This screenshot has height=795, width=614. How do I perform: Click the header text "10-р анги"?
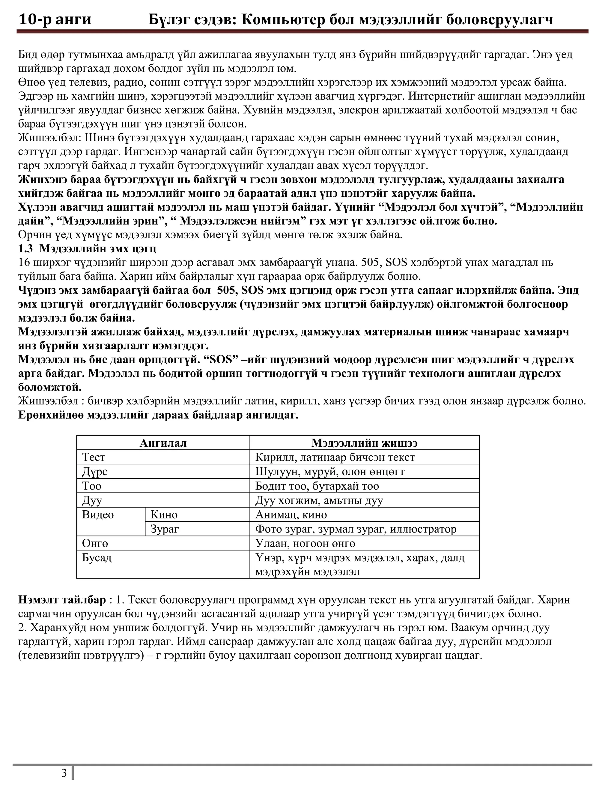point(55,19)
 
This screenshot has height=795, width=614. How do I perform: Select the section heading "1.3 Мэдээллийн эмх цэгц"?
point(87,249)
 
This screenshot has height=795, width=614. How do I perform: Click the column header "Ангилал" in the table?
point(163,443)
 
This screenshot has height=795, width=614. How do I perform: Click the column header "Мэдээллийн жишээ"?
point(364,443)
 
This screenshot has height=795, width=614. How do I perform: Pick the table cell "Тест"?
point(94,457)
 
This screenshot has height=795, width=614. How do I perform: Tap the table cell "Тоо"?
point(92,486)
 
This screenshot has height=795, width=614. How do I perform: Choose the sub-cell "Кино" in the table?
point(164,515)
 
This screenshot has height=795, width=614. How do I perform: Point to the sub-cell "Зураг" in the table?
point(165,529)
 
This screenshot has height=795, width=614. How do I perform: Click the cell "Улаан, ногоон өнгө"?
point(305,544)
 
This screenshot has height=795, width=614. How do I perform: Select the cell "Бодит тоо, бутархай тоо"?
point(317,486)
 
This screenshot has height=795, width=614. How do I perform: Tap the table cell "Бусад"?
point(97,558)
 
